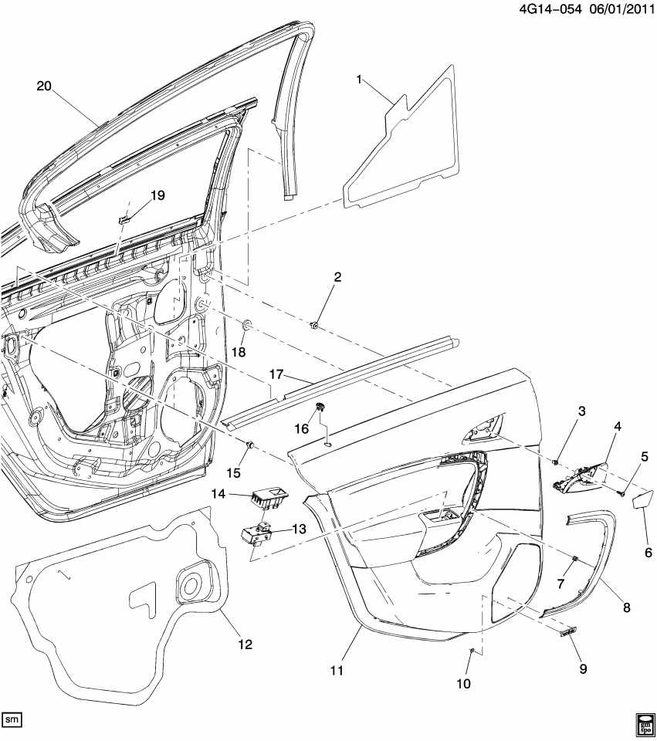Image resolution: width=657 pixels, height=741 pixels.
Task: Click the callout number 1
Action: click(x=359, y=80)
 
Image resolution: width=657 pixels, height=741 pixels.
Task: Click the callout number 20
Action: click(x=42, y=86)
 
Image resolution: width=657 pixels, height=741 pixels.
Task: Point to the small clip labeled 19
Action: click(x=124, y=220)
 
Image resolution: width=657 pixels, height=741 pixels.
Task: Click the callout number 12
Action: click(x=245, y=644)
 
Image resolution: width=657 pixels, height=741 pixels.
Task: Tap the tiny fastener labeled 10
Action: click(x=470, y=653)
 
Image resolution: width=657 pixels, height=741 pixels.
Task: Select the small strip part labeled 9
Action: click(x=568, y=632)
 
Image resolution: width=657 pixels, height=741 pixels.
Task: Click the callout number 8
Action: click(x=626, y=607)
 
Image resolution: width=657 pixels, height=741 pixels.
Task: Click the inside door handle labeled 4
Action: click(x=579, y=479)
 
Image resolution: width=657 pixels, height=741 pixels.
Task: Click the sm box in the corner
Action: click(x=12, y=719)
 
